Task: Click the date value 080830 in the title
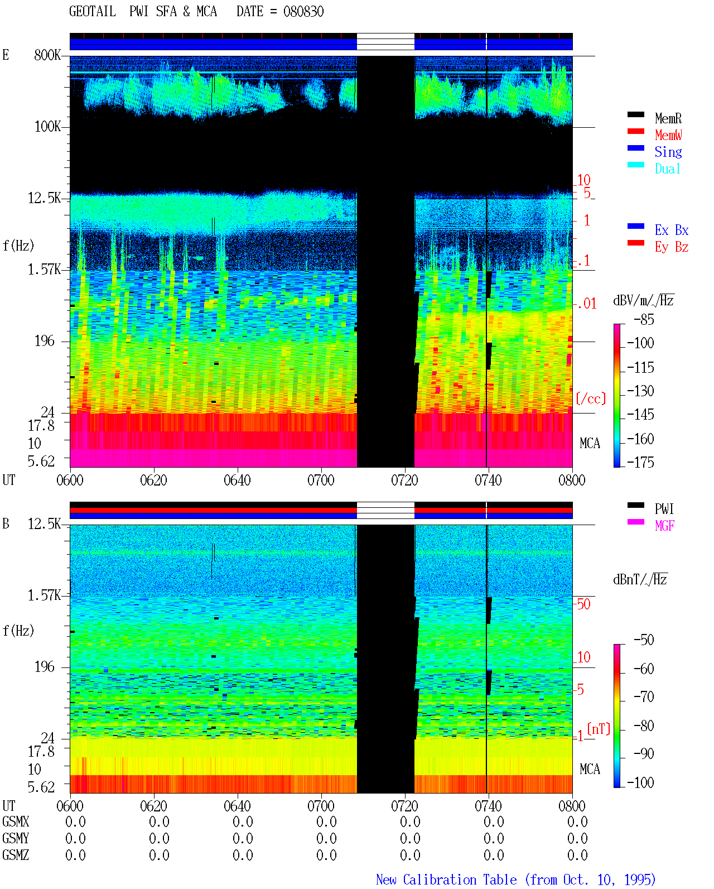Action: click(303, 12)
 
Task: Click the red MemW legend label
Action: click(668, 135)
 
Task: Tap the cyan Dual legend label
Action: click(667, 169)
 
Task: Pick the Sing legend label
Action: click(668, 152)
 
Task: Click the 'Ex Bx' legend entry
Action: click(672, 230)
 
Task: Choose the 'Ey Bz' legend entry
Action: click(672, 247)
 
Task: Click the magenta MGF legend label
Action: click(664, 526)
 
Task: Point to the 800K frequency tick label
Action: click(47, 55)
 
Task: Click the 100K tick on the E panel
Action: click(47, 127)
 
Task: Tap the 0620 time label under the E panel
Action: click(153, 480)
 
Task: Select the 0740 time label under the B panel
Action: click(488, 805)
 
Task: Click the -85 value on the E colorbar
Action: click(644, 319)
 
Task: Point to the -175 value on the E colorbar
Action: click(640, 462)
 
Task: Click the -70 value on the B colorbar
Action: click(644, 697)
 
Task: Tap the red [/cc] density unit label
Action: click(591, 398)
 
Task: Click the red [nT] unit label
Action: click(599, 729)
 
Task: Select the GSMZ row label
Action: click(16, 855)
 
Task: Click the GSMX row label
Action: click(16, 821)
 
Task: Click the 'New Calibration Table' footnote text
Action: click(446, 880)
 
